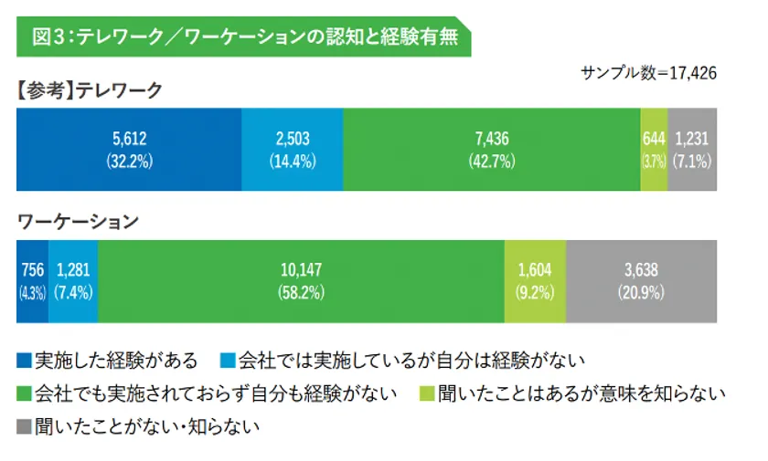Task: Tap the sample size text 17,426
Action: click(x=648, y=73)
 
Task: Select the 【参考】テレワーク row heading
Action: click(x=90, y=89)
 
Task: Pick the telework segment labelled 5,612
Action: click(x=129, y=149)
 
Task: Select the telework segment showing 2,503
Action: click(x=292, y=149)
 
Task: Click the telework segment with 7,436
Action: click(x=492, y=149)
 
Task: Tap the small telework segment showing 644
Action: click(x=654, y=149)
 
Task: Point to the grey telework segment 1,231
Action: click(x=692, y=149)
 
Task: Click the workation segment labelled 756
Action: click(x=32, y=281)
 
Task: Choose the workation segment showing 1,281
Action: click(x=73, y=281)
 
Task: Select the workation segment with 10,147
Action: click(x=301, y=281)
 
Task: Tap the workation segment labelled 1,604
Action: click(x=536, y=281)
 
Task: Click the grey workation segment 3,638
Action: click(x=641, y=281)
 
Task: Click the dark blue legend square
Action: click(x=24, y=361)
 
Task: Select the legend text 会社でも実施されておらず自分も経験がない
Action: click(x=215, y=393)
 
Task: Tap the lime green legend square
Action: click(x=427, y=394)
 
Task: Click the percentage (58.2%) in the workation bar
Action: click(x=301, y=293)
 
